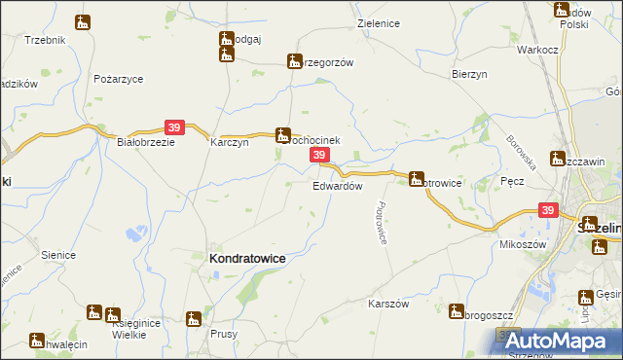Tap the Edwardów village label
(x=338, y=185)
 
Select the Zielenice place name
(x=380, y=22)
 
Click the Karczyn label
(x=231, y=141)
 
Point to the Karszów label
(x=386, y=304)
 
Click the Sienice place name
(x=58, y=255)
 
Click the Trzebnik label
(x=45, y=40)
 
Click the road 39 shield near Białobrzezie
(x=174, y=126)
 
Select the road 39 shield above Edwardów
(x=318, y=156)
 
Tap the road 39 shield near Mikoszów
(x=548, y=210)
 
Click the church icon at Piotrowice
(x=417, y=178)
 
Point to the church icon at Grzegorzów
(x=294, y=61)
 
